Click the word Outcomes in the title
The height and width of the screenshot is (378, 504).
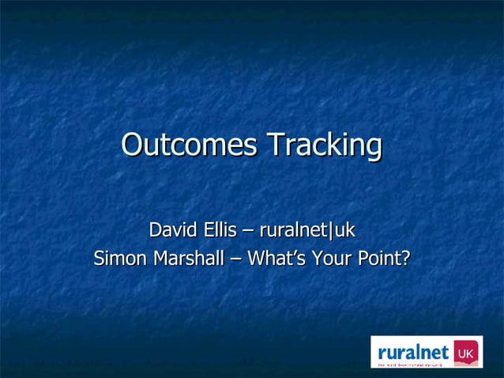point(190,146)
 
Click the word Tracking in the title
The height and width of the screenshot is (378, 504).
point(324,146)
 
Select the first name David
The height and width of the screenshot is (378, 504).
point(175,230)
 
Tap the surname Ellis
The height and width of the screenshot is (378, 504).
point(220,230)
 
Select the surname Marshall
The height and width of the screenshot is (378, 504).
point(189,259)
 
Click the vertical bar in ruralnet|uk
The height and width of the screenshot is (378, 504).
point(333,231)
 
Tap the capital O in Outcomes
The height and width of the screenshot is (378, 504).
point(134,146)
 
